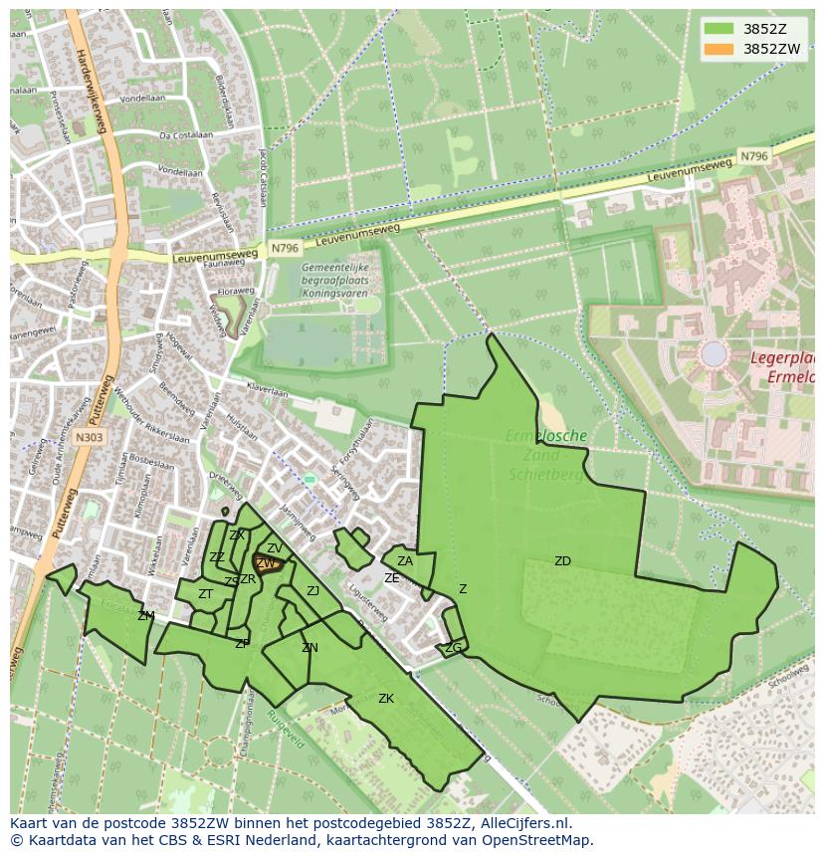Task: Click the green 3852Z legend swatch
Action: (x=719, y=29)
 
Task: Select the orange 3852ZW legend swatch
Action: (x=719, y=48)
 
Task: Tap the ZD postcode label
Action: (x=562, y=561)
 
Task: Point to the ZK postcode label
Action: (x=386, y=699)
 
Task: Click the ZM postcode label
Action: (x=146, y=616)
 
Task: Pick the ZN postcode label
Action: (x=309, y=648)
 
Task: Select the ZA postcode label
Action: (x=405, y=561)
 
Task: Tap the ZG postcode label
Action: (x=454, y=648)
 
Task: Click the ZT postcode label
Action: (x=205, y=594)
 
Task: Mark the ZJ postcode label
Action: (x=312, y=591)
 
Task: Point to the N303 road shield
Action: (x=90, y=437)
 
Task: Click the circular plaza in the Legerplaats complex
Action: (x=714, y=353)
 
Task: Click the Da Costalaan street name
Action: (x=186, y=134)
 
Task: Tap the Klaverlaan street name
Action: (x=267, y=389)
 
